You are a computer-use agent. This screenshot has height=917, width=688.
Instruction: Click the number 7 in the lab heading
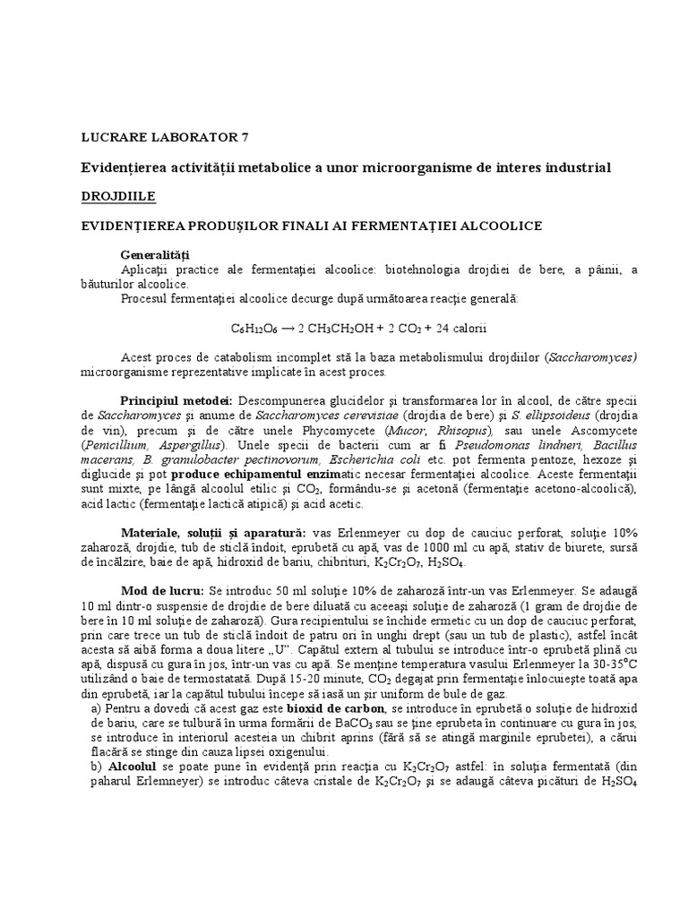pyautogui.click(x=246, y=137)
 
